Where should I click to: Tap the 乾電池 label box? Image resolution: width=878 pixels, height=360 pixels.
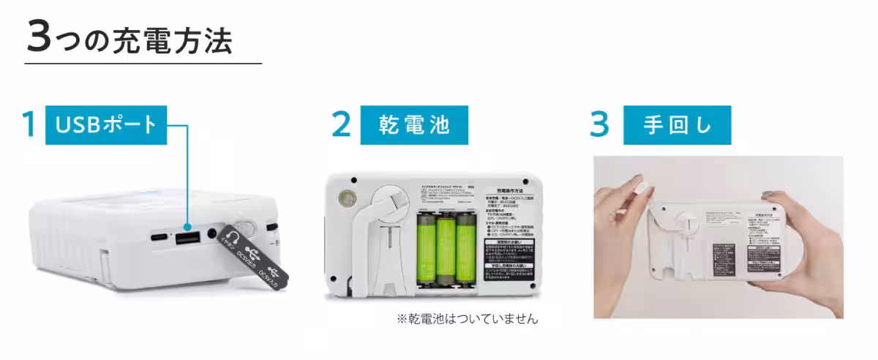click(x=414, y=124)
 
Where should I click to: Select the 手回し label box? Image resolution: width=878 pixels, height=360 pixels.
click(x=677, y=124)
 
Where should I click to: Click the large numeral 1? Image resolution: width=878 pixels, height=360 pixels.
click(x=29, y=124)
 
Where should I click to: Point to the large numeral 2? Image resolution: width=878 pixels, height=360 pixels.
click(x=341, y=124)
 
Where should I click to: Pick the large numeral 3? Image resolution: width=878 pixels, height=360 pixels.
click(x=599, y=124)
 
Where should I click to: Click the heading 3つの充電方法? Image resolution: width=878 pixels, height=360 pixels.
click(x=130, y=38)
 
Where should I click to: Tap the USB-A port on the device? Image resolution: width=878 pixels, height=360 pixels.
click(x=187, y=239)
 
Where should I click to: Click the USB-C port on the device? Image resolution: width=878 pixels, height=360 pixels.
click(x=157, y=238)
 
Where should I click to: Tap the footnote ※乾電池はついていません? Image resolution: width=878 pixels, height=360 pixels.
click(x=467, y=319)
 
